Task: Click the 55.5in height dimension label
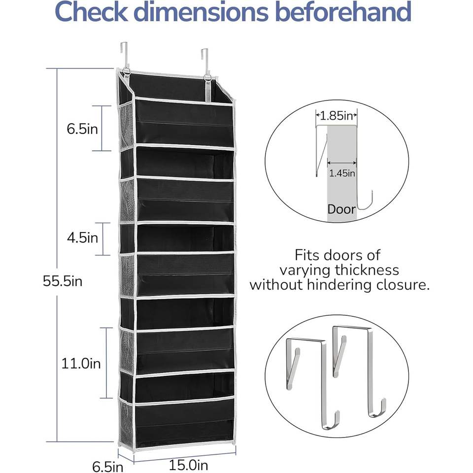[x=63, y=281]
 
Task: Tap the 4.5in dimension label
[x=82, y=238]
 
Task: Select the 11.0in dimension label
[x=81, y=363]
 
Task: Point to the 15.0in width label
[x=188, y=465]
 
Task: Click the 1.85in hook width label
[x=337, y=115]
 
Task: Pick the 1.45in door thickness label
[x=342, y=173]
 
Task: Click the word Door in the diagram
[x=341, y=209]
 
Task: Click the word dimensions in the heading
[x=201, y=11]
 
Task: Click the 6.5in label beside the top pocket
[x=82, y=129]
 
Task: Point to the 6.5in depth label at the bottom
[x=108, y=467]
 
